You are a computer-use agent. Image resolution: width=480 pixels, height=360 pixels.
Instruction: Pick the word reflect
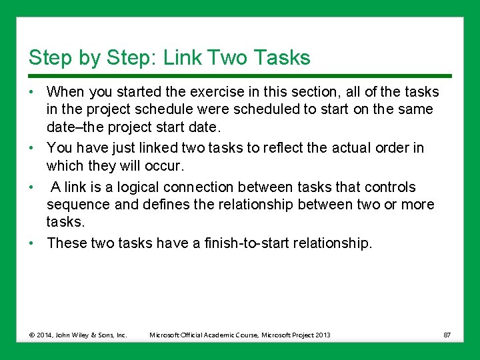291,147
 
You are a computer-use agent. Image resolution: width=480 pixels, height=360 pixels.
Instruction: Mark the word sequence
76,205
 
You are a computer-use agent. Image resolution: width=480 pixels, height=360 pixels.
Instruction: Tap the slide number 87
446,335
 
